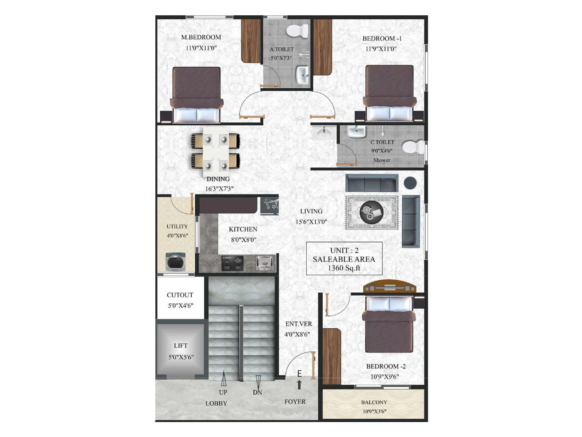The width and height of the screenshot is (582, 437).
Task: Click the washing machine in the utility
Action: pyautogui.click(x=176, y=262)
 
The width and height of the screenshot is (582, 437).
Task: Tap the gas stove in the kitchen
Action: pyautogui.click(x=232, y=263)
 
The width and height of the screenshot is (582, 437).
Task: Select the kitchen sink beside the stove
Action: pyautogui.click(x=265, y=263)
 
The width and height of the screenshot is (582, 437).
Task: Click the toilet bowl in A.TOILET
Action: pyautogui.click(x=297, y=31)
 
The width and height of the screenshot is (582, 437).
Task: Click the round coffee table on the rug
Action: pyautogui.click(x=371, y=213)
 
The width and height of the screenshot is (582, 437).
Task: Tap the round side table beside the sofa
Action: pyautogui.click(x=410, y=182)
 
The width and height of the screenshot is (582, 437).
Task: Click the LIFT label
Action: pyautogui.click(x=180, y=346)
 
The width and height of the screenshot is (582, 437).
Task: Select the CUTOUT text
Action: pyautogui.click(x=180, y=295)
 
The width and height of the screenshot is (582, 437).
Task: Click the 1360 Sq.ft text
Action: pyautogui.click(x=344, y=268)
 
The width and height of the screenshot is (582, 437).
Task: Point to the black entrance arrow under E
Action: pyautogui.click(x=299, y=385)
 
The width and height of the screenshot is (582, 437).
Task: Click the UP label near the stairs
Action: pyautogui.click(x=223, y=392)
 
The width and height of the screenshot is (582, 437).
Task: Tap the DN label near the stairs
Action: pyautogui.click(x=257, y=392)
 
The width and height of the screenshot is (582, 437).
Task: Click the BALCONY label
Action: pyautogui.click(x=374, y=402)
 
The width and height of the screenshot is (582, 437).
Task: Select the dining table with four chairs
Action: pyautogui.click(x=215, y=150)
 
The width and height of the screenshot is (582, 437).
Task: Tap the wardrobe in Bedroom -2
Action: pyautogui.click(x=332, y=356)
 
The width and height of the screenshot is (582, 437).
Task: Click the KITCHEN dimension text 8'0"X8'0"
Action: pyautogui.click(x=243, y=240)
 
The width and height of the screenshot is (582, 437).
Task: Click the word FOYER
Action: pyautogui.click(x=295, y=401)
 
